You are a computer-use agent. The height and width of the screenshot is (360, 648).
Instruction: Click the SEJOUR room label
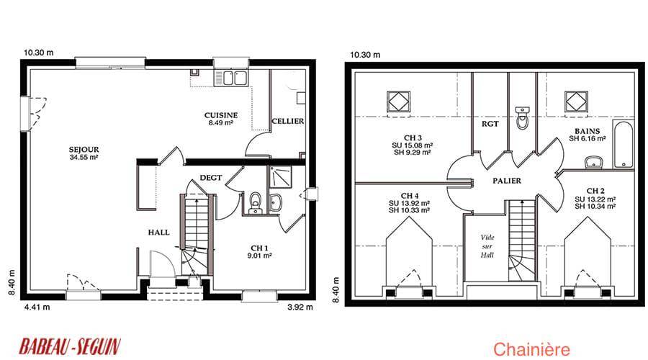pos(84,153)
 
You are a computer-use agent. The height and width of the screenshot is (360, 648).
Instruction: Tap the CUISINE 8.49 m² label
pos(221,119)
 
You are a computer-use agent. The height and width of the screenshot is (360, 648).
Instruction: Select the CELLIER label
pos(287,121)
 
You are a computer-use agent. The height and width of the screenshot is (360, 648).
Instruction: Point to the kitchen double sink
pos(230,78)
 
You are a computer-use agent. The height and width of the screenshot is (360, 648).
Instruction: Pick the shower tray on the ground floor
pos(280,177)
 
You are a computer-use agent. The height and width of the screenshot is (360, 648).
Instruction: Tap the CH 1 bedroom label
pos(259,251)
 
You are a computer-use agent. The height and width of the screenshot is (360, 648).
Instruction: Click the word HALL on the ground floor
pos(158,233)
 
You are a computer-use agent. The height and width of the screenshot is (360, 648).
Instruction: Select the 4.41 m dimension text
pos(37,307)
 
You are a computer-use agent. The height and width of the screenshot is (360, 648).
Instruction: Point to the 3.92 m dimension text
pos(300,307)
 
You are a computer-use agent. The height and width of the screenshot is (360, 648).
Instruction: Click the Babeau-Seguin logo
pos(70,346)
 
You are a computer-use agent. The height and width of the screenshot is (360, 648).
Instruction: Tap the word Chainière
pos(531,350)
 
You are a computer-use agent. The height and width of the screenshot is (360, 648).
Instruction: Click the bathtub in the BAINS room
pos(624,145)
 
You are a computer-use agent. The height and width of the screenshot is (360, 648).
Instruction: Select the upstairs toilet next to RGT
pos(523,118)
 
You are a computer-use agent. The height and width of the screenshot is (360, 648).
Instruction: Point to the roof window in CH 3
pos(399,102)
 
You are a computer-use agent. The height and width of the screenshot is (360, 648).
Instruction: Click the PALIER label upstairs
pos(507,181)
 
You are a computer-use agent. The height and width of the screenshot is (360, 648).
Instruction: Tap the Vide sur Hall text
pos(487,246)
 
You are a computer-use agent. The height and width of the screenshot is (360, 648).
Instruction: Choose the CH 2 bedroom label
pos(595,199)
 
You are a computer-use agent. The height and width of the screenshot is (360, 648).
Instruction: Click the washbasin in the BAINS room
pos(594,163)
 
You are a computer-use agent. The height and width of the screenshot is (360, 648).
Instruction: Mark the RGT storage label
pos(490,124)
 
